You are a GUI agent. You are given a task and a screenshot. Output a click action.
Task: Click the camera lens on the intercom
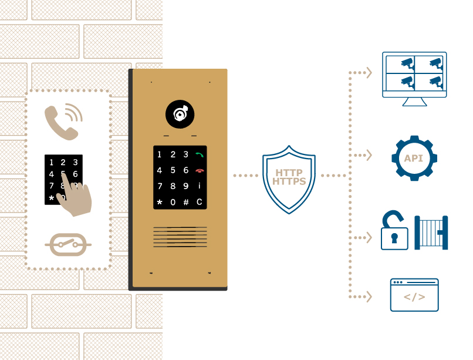tap(180, 114)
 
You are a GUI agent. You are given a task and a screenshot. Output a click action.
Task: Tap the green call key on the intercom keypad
tap(200, 155)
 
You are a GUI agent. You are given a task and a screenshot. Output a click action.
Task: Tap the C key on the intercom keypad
tap(200, 202)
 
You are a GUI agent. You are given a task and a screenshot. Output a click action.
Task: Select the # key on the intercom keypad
tap(186, 202)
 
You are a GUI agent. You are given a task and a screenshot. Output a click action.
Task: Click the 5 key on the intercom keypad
tap(173, 170)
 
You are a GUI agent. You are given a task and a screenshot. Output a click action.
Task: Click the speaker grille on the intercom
tap(180, 237)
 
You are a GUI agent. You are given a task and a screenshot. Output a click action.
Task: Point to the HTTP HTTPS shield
tap(289, 180)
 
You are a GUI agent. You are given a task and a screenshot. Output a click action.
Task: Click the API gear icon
tap(414, 158)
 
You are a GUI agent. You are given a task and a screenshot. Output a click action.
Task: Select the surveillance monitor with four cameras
tap(414, 79)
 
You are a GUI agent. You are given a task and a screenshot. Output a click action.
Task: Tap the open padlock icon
tap(394, 230)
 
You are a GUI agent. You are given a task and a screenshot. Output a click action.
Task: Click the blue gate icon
tap(431, 233)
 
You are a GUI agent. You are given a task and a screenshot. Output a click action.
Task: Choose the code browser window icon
tap(414, 295)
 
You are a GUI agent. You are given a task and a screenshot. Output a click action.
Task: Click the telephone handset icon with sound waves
tap(63, 122)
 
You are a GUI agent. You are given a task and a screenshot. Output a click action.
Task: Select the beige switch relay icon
tap(68, 245)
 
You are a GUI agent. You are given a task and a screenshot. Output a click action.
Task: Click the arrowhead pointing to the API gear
tap(369, 155)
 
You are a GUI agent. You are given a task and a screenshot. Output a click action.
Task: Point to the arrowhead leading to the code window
tap(369, 297)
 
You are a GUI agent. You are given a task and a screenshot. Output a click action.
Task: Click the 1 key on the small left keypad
tap(51, 162)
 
